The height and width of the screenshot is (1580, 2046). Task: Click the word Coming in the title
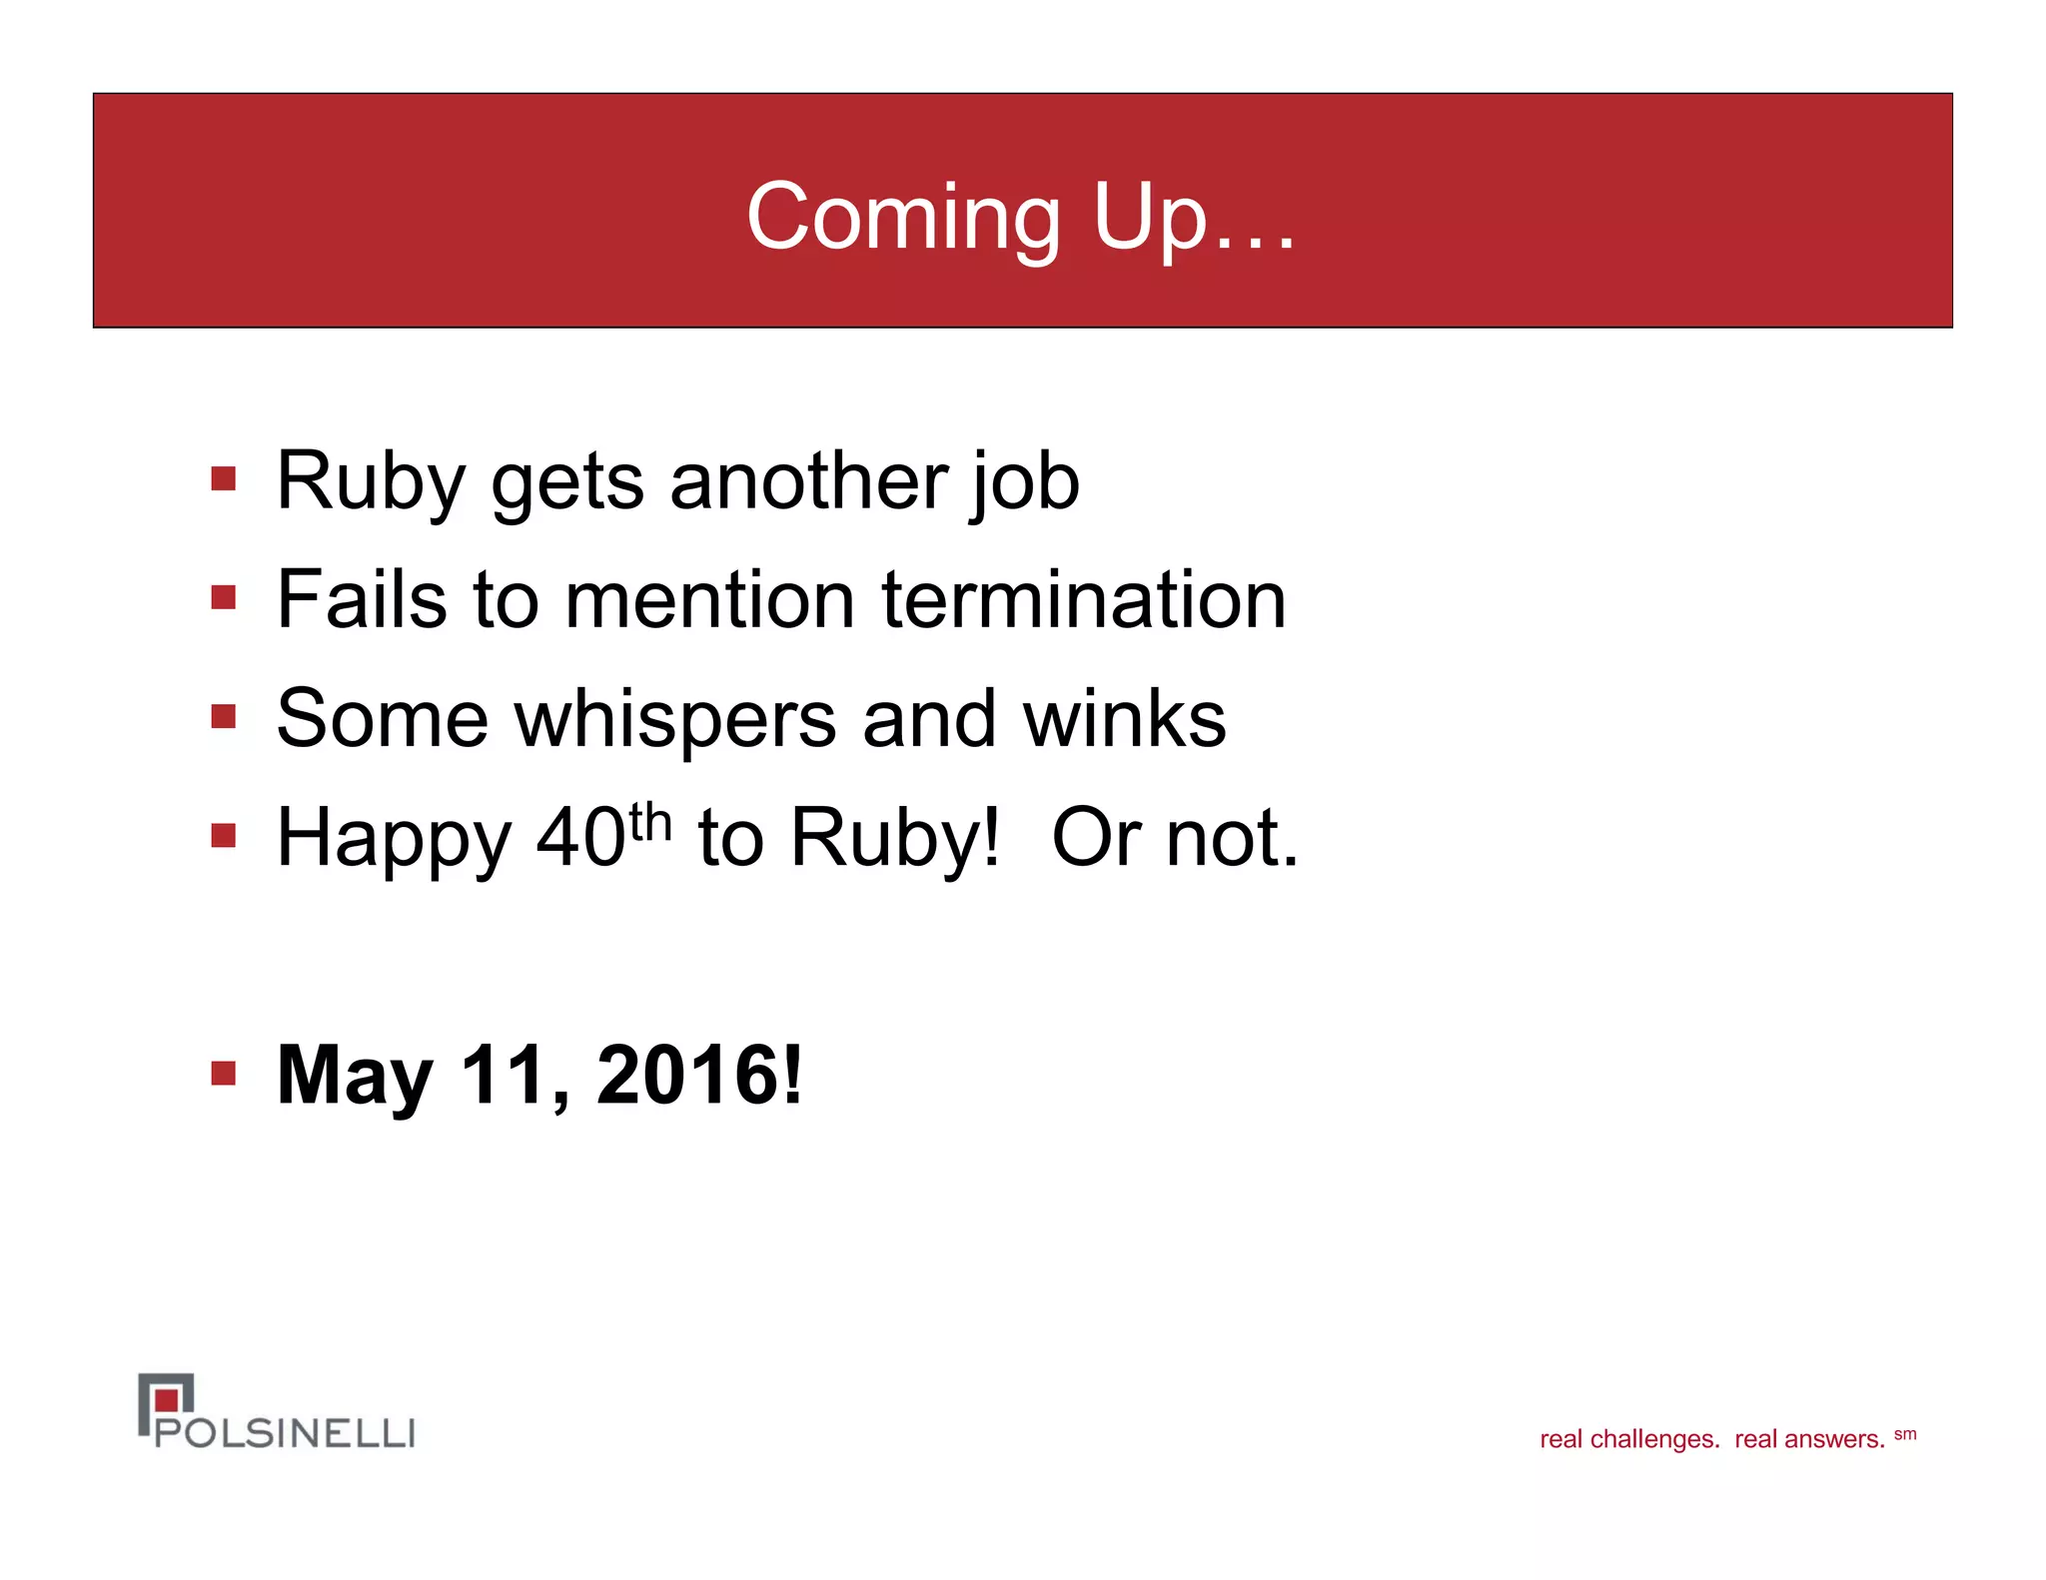(x=903, y=218)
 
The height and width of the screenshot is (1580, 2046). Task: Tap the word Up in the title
(x=1150, y=218)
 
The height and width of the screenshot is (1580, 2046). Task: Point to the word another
(x=807, y=481)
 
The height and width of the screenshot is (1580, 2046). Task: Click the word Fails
(x=362, y=600)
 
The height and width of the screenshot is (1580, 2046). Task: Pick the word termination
(x=1084, y=600)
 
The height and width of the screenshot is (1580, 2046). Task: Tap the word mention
(x=709, y=600)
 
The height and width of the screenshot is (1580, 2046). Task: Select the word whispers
(x=675, y=720)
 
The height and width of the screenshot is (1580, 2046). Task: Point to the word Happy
(x=394, y=839)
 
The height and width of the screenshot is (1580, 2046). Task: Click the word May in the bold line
(x=355, y=1077)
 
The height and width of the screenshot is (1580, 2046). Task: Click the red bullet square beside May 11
(x=224, y=1075)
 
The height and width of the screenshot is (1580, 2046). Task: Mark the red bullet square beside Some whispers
(x=224, y=717)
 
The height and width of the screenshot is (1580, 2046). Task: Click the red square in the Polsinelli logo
(x=167, y=1400)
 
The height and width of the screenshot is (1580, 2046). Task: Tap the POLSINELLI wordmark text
(x=285, y=1433)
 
